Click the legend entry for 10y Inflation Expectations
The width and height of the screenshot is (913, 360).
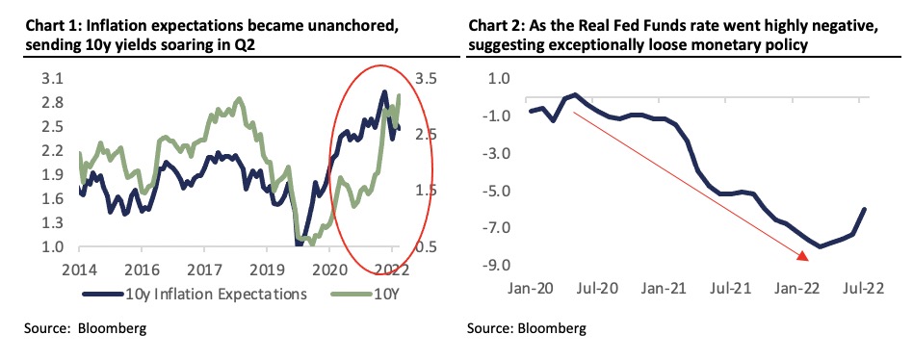tap(196, 294)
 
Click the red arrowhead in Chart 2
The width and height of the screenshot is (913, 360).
tap(801, 255)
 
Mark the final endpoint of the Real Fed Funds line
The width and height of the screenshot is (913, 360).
tap(865, 209)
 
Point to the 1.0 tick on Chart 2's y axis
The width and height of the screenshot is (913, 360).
tap(498, 79)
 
